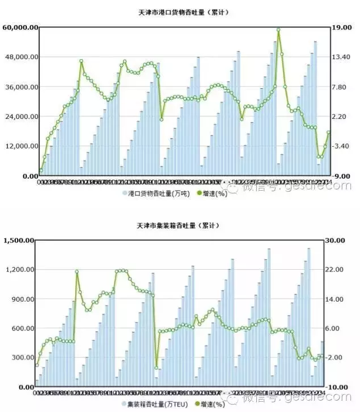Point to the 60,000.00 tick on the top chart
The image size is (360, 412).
click(x=21, y=27)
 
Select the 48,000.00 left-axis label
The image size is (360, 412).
click(x=21, y=57)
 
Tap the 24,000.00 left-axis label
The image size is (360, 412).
click(x=21, y=117)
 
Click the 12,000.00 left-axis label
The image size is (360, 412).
click(x=21, y=146)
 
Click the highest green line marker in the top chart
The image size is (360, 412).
click(x=279, y=30)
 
